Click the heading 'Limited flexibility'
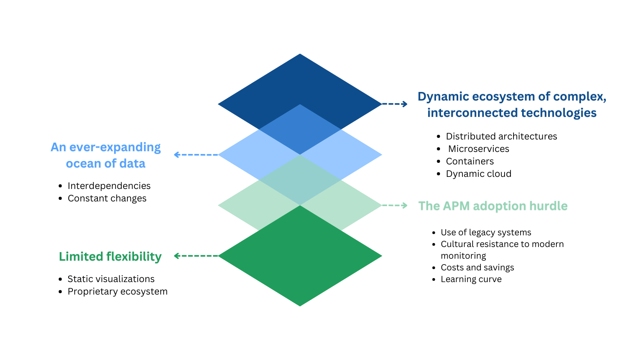click(x=110, y=256)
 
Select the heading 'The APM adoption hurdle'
click(x=493, y=206)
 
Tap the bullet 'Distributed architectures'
click(x=501, y=136)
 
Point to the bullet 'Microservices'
click(x=479, y=149)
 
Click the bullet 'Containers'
click(x=470, y=161)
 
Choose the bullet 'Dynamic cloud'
click(x=478, y=174)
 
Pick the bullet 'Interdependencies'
click(x=109, y=186)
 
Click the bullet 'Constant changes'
click(x=107, y=198)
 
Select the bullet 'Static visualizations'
click(x=111, y=279)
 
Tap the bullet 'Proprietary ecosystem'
click(x=118, y=291)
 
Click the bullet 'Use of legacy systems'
click(x=486, y=233)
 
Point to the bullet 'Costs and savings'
click(x=477, y=268)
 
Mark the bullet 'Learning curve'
click(x=471, y=279)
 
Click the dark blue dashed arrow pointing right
click(x=394, y=104)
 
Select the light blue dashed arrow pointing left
click(x=196, y=155)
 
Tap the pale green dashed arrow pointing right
click(x=394, y=205)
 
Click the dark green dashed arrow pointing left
click(x=196, y=256)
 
